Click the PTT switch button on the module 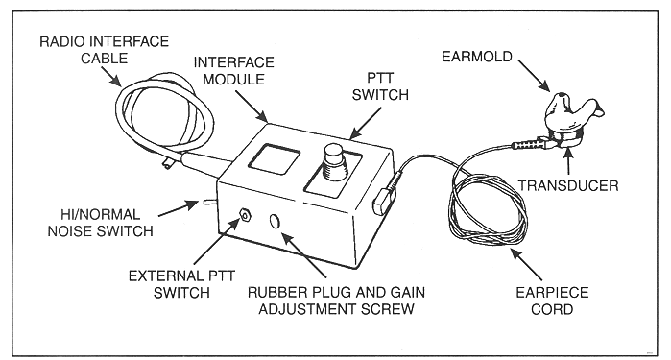click(x=335, y=162)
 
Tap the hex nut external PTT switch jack click(x=245, y=215)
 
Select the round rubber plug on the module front click(x=276, y=222)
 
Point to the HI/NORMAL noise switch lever click(x=209, y=202)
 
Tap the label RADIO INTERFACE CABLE click(x=104, y=50)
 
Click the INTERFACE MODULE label click(x=233, y=71)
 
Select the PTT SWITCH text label click(x=380, y=86)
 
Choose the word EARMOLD click(x=477, y=57)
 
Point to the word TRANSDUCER click(x=568, y=186)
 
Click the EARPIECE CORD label click(x=552, y=300)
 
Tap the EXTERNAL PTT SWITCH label click(x=181, y=284)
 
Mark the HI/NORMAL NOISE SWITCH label click(x=100, y=223)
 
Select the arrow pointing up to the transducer click(x=568, y=161)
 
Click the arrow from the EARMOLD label click(x=534, y=75)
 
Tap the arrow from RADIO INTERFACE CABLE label click(x=110, y=77)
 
